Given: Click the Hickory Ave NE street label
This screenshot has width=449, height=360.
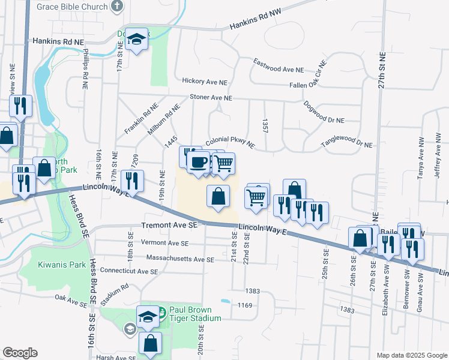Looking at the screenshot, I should [x=205, y=82].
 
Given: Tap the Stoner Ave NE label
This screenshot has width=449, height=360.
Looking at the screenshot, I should [x=210, y=97].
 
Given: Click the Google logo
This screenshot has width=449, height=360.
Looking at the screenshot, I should [x=20, y=352].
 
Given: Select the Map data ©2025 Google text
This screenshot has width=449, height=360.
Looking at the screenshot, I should [x=412, y=355].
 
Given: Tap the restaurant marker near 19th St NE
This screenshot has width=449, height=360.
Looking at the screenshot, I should [x=132, y=181].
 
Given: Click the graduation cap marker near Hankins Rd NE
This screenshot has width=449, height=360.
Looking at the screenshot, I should [x=137, y=40].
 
